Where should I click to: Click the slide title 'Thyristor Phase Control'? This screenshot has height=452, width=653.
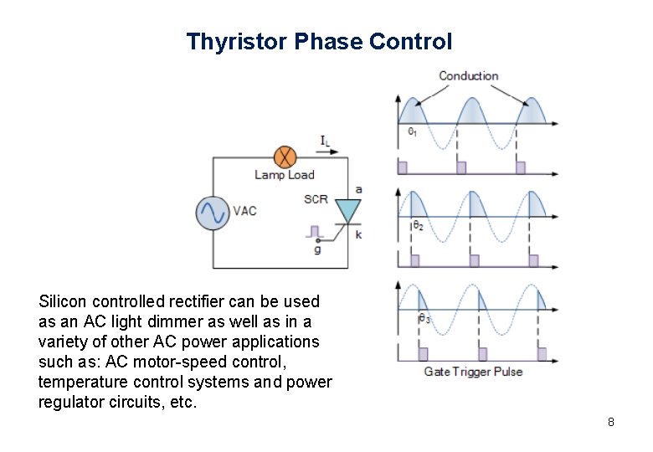319,41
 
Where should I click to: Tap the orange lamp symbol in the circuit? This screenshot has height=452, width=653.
285,156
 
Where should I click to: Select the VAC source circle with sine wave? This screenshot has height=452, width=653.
213,212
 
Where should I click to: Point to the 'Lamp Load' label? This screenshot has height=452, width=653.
285,175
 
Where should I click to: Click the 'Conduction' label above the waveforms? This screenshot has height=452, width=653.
468,76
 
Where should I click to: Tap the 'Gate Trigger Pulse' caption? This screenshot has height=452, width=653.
473,372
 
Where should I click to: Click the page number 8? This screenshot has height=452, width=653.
611,422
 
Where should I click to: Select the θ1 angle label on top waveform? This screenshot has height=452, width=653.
414,131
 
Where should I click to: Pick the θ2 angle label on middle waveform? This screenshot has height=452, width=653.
418,225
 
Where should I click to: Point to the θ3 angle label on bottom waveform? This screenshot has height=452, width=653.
424,318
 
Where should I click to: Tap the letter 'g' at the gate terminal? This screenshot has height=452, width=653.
317,249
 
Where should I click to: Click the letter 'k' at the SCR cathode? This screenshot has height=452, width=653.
358,235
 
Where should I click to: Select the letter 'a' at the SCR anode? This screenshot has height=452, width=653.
358,190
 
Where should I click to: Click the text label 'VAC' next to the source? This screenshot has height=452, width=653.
244,211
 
